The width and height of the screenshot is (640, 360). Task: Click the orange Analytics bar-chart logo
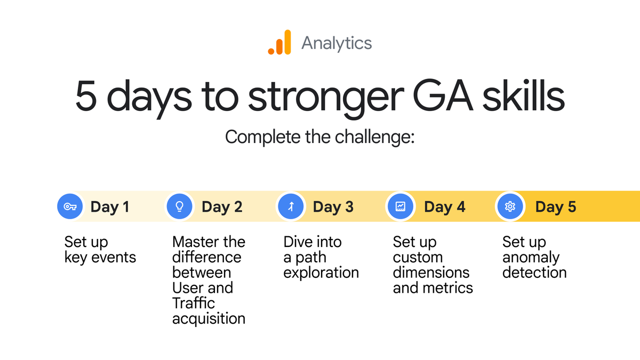pos(279,43)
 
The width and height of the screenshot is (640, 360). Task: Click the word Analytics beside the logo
pos(336,43)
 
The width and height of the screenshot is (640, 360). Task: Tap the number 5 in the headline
pos(87,97)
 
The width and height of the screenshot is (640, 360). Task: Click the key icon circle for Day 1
pos(70,206)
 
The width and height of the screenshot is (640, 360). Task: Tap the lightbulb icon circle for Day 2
pos(180,206)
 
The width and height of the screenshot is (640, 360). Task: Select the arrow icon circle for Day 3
pos(291,206)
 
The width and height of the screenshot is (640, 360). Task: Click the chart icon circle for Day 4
pos(401,206)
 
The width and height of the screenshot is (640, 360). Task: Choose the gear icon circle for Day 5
pos(510,206)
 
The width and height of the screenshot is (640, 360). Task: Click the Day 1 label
pos(110,207)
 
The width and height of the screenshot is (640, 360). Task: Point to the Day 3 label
pos(333,207)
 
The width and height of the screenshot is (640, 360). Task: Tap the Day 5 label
pos(555,207)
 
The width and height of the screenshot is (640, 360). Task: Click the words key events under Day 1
pos(100,258)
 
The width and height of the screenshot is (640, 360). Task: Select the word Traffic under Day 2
pos(193,303)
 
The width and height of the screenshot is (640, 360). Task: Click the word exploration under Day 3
pos(321,273)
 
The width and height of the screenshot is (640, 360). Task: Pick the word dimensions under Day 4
pos(431,273)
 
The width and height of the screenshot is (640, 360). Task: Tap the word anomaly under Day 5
pos(531,258)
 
